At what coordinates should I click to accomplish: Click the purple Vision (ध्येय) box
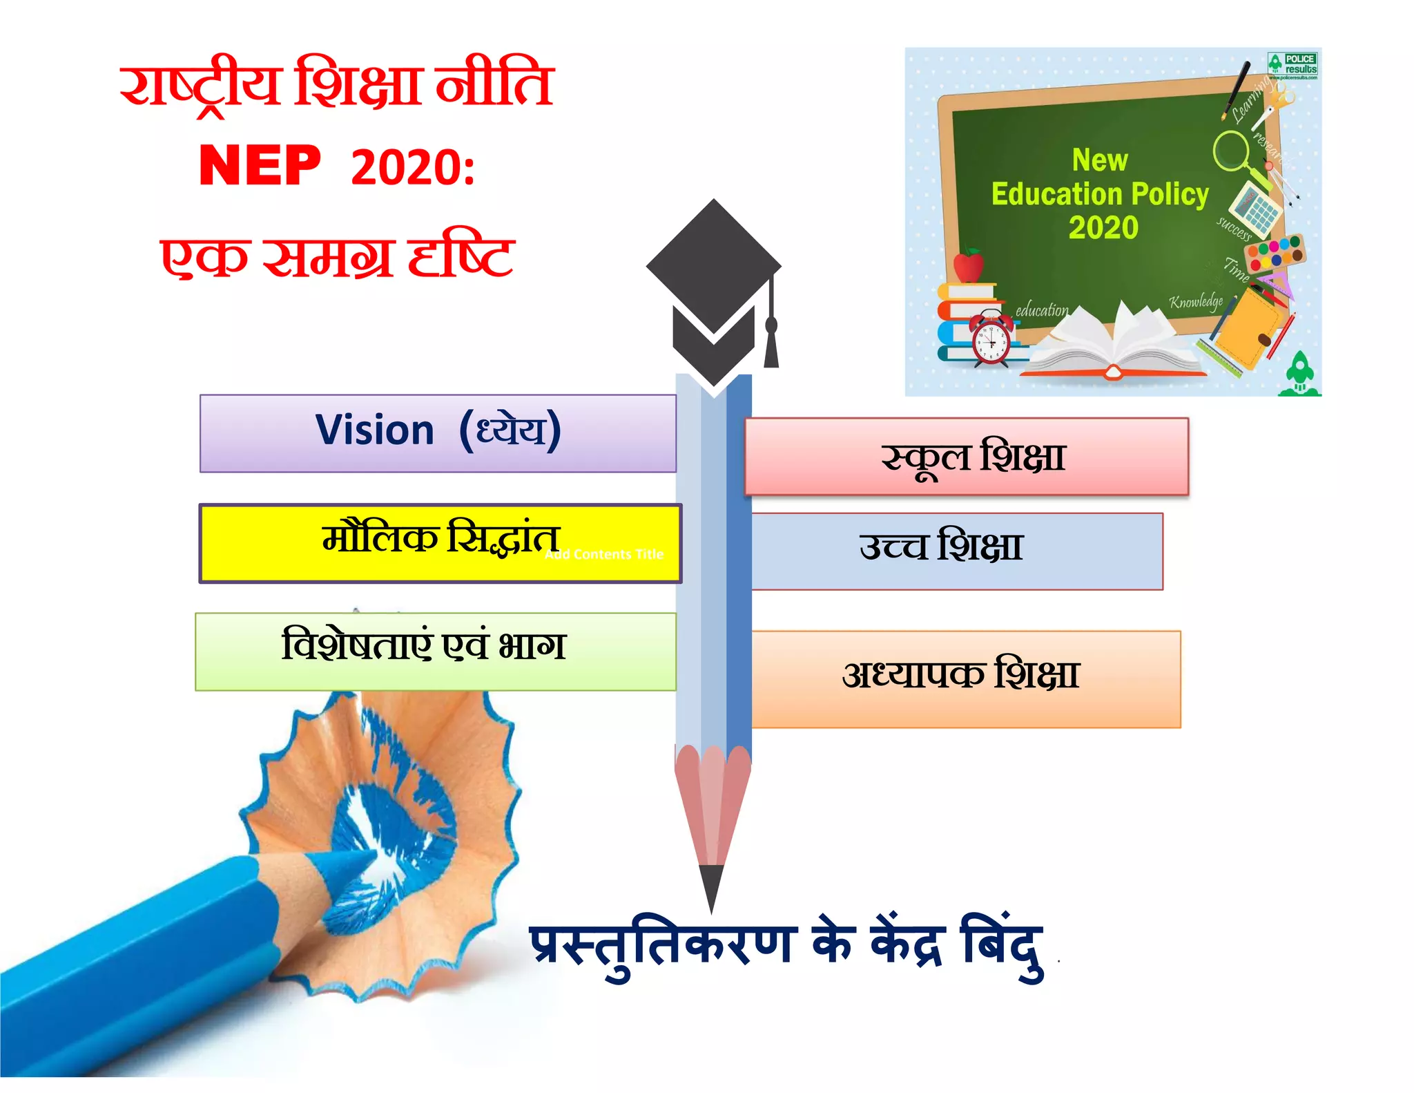point(438,433)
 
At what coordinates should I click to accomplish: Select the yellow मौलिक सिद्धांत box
point(440,543)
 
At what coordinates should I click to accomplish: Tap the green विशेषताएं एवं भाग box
point(436,651)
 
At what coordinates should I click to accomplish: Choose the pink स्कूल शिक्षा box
point(967,456)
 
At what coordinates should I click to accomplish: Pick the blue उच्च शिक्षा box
point(957,551)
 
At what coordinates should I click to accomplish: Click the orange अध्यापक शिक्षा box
point(965,678)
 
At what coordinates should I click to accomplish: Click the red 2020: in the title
point(413,167)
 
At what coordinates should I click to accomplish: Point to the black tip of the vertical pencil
point(711,888)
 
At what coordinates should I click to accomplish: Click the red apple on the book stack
point(969,266)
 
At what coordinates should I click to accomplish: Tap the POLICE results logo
point(1292,65)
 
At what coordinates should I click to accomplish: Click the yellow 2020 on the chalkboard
point(1103,227)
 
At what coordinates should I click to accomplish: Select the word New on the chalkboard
point(1100,160)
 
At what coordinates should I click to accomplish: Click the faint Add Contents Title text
point(604,555)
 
